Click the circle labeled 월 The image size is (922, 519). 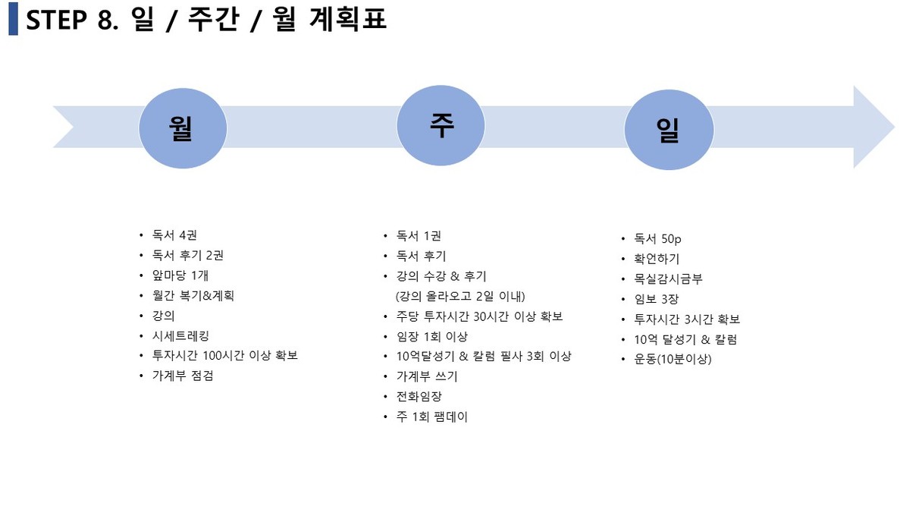point(183,128)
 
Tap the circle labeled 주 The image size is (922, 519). point(441,126)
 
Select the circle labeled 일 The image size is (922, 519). point(669,130)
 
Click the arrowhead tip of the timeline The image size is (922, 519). point(895,127)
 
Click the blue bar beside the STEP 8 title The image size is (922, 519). point(13,19)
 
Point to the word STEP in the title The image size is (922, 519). point(56,20)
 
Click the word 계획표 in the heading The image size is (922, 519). point(348,19)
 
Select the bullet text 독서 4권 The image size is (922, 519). point(174,235)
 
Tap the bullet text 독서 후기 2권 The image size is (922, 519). point(188,256)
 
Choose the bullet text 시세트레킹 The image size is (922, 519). point(180,336)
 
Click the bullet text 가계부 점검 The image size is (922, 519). point(183,376)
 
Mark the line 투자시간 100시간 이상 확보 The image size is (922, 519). point(224,355)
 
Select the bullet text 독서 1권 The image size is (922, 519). point(419,236)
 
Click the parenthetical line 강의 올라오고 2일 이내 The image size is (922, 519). point(460,296)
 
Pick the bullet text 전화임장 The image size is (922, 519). point(419,397)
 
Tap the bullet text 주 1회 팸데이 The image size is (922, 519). point(432,417)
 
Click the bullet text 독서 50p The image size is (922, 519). point(657,239)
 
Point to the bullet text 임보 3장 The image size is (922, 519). point(657,299)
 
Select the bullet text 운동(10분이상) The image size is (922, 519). point(673,359)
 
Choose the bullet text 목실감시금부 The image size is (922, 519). point(669,279)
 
